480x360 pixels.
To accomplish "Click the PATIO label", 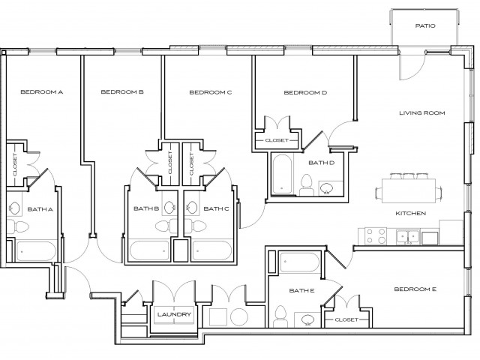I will [426, 25].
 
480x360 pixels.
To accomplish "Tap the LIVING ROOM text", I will [421, 113].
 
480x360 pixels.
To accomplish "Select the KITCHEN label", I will [410, 214].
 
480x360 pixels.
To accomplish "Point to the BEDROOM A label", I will [41, 92].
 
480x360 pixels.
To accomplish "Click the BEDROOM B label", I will [122, 92].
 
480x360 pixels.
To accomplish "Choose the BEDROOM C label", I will [210, 92].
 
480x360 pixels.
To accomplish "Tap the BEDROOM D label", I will [305, 93].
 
